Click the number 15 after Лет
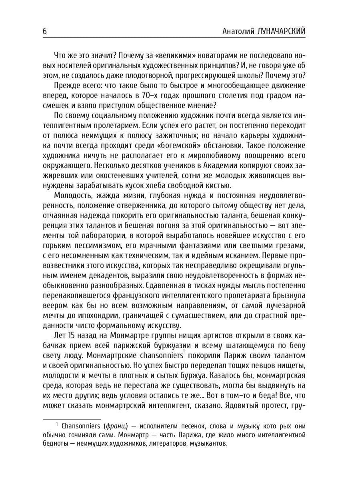[71, 335]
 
